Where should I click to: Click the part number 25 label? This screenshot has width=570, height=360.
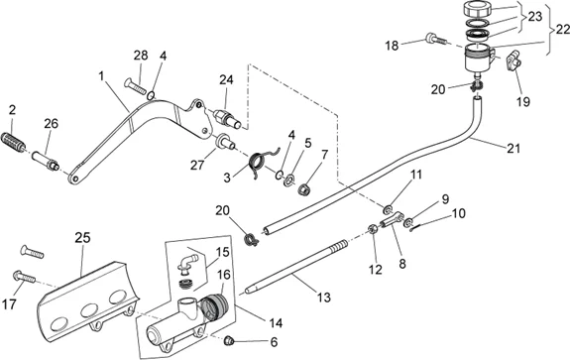click(83, 238)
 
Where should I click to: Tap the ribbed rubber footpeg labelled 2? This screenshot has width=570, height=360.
click(14, 142)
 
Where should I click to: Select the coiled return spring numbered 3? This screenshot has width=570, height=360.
click(261, 161)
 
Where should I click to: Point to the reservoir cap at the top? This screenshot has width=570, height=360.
click(478, 8)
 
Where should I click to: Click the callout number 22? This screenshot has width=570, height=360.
click(562, 30)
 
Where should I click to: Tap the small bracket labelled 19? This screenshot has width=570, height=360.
click(513, 60)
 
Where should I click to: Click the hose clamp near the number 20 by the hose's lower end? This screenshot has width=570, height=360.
click(251, 239)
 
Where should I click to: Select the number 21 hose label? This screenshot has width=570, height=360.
click(513, 148)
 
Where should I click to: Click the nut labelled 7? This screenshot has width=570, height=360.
click(303, 189)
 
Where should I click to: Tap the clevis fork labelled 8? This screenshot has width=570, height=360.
click(393, 220)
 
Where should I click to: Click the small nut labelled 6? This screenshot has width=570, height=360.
click(228, 340)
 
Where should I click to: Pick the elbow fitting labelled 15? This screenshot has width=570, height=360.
click(186, 263)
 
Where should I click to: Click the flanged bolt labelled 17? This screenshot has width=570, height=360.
click(24, 277)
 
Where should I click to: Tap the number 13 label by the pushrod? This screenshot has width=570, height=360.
click(323, 298)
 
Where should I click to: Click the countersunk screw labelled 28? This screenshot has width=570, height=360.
click(136, 85)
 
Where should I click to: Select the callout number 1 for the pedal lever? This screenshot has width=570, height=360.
click(101, 76)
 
